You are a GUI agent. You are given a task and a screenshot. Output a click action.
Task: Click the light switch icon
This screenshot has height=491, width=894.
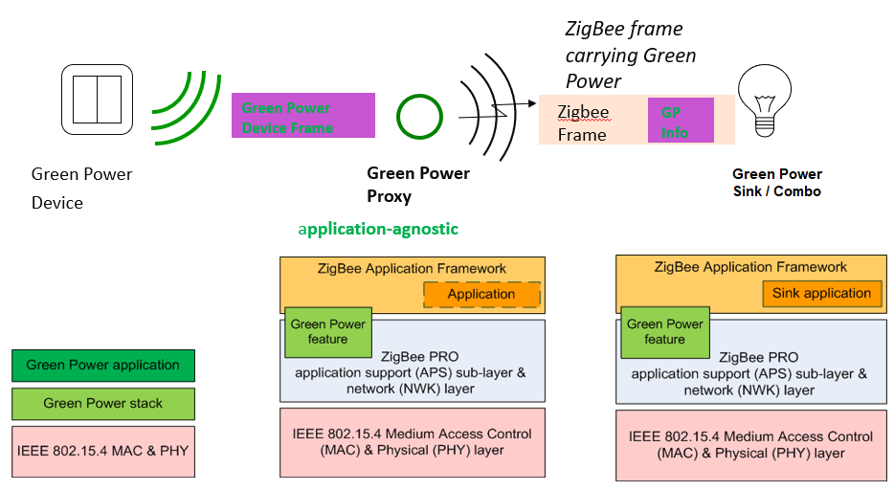click(x=98, y=100)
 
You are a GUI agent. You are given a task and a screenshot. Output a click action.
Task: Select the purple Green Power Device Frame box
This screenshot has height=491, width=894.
click(x=302, y=116)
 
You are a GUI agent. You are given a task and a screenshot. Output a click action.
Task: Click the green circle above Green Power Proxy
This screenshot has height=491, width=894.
click(x=418, y=117)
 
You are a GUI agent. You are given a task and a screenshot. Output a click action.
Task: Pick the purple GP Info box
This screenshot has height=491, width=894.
click(x=681, y=121)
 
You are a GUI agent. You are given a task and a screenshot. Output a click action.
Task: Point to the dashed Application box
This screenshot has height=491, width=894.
click(x=481, y=295)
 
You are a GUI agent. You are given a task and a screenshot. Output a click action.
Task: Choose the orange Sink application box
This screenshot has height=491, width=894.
click(x=821, y=293)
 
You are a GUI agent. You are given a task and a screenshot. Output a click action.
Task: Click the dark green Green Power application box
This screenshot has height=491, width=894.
click(x=103, y=365)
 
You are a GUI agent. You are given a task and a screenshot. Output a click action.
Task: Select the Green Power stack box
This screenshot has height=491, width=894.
click(x=103, y=403)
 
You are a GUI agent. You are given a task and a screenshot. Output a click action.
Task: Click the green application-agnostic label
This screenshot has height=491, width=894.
click(x=378, y=229)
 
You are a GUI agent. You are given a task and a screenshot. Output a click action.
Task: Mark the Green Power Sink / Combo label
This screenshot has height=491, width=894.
click(x=777, y=182)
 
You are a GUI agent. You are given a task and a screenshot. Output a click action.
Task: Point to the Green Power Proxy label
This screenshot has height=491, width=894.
click(x=418, y=185)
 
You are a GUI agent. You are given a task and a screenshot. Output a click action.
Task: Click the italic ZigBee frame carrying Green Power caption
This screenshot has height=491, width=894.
click(x=630, y=56)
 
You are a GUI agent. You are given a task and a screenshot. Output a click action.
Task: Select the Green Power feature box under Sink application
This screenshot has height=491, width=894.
click(x=664, y=331)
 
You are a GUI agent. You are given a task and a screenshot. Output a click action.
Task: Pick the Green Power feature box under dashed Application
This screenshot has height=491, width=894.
click(x=327, y=331)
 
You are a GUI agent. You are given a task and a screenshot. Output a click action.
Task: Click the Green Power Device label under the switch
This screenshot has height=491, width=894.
click(x=81, y=188)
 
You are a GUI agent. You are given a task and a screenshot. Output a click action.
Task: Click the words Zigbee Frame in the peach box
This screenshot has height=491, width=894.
click(x=583, y=123)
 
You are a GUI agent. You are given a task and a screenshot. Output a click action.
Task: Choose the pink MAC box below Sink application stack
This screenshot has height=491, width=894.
click(x=749, y=445)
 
